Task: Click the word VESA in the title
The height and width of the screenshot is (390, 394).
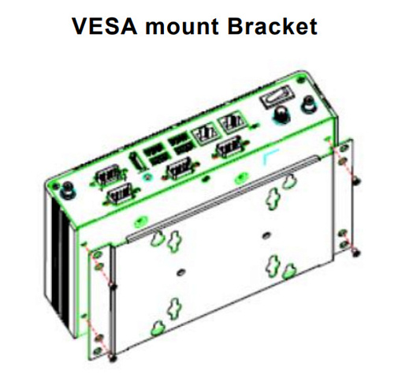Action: pyautogui.click(x=105, y=26)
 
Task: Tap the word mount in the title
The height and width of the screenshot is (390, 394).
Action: pyautogui.click(x=182, y=27)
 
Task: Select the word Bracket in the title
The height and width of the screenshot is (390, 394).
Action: pyautogui.click(x=273, y=26)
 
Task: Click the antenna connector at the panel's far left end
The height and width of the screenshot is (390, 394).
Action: pyautogui.click(x=68, y=192)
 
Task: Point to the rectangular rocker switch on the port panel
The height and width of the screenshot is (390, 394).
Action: pyautogui.click(x=276, y=96)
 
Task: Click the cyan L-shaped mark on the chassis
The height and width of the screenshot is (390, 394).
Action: pyautogui.click(x=270, y=156)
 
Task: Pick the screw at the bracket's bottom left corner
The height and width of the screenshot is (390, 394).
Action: pyautogui.click(x=113, y=358)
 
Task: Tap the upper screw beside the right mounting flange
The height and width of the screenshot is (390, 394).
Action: pyautogui.click(x=356, y=181)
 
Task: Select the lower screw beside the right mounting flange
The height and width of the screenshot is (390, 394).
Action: pyautogui.click(x=355, y=253)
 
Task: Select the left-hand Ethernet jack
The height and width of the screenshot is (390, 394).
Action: pyautogui.click(x=206, y=133)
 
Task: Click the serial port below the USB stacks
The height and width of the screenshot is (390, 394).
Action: pyautogui.click(x=180, y=169)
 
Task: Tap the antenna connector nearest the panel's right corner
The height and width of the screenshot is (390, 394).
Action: pyautogui.click(x=310, y=104)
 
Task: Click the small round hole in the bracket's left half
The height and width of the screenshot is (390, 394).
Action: pyautogui.click(x=180, y=272)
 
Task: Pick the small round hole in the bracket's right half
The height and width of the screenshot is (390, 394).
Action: pyautogui.click(x=266, y=235)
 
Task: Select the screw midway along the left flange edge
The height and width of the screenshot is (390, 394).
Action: pyautogui.click(x=113, y=286)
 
